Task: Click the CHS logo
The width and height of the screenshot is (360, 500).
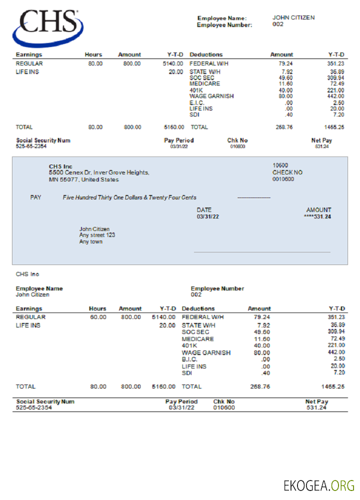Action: point(48,27)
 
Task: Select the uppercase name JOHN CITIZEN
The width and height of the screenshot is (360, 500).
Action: point(293,17)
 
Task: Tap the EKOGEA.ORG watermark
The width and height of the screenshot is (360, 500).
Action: point(319,485)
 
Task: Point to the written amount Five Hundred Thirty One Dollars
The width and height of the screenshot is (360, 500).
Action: point(129,197)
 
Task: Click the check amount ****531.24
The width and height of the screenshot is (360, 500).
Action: point(317,217)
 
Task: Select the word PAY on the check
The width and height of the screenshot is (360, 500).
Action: point(35,197)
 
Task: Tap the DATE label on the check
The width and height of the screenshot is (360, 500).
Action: point(204,210)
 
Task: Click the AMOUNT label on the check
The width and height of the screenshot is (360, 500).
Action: point(318,210)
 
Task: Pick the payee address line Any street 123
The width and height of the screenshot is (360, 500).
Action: point(97,235)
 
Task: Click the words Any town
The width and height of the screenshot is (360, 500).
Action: point(90,241)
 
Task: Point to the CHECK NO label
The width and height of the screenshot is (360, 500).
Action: point(287,172)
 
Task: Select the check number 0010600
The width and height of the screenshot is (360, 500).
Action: point(283,179)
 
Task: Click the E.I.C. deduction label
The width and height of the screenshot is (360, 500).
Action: point(197,102)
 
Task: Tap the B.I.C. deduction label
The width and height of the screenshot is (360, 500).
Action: point(189,359)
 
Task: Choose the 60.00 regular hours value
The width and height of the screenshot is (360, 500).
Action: point(98,317)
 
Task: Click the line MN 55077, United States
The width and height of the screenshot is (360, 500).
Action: point(83,179)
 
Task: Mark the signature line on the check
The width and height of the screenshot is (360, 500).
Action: point(261,252)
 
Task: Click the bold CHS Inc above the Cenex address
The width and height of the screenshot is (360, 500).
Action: point(60,166)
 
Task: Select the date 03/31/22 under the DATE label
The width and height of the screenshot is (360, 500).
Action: point(207,217)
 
